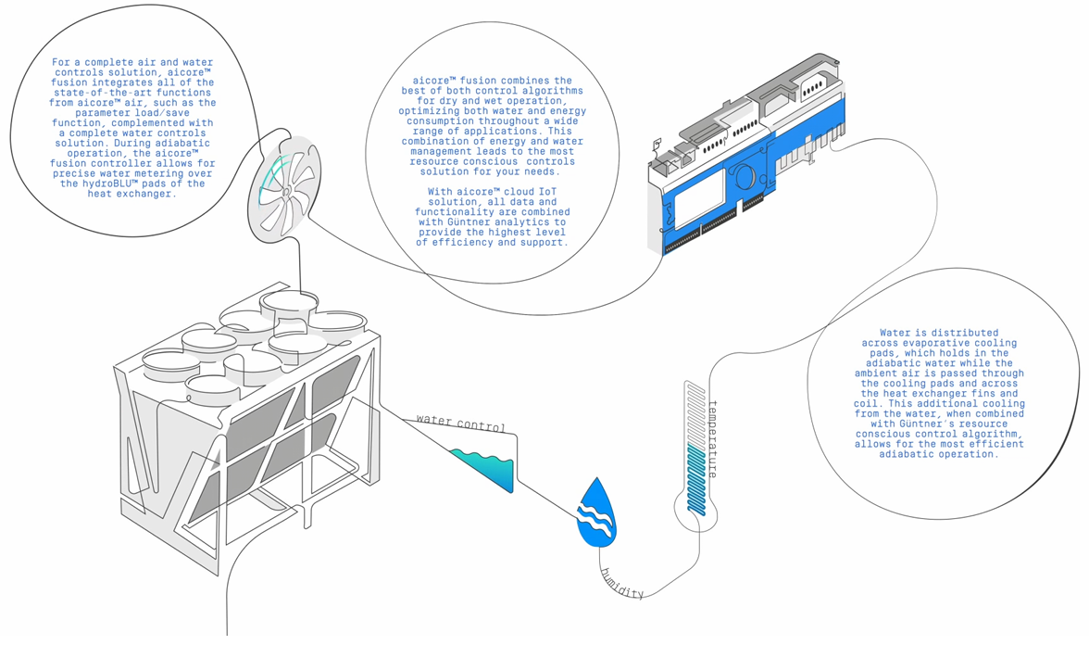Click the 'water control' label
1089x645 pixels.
461,423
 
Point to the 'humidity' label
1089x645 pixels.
621,580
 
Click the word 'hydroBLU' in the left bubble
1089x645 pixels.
104,183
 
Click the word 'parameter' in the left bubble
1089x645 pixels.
85,112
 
